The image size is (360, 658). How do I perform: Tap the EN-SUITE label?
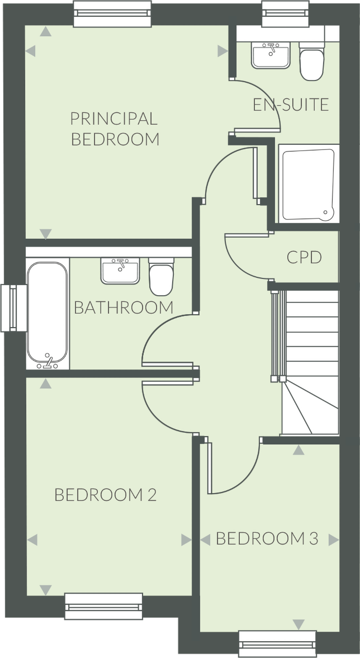[x=291, y=105]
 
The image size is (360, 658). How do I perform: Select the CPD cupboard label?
[x=304, y=257]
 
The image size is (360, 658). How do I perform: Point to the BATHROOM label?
[x=123, y=308]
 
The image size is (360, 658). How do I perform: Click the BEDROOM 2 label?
[x=105, y=495]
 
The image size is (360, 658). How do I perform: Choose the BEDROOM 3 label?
[x=267, y=538]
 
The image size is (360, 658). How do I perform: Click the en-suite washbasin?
[x=271, y=55]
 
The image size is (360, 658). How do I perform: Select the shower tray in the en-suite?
[x=308, y=184]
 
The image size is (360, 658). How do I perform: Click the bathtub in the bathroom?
[x=48, y=313]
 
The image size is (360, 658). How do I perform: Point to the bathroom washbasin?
[x=120, y=271]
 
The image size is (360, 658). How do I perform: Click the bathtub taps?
[x=48, y=362]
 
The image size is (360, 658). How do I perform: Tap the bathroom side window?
[x=14, y=308]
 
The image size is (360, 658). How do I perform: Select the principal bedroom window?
[x=112, y=14]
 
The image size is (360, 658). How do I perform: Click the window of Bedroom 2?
[x=104, y=606]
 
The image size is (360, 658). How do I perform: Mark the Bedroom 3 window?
[x=278, y=644]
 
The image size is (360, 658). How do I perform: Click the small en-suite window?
[x=285, y=14]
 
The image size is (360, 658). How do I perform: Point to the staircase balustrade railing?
[x=275, y=335]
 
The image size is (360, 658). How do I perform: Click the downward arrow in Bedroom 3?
[x=298, y=624]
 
